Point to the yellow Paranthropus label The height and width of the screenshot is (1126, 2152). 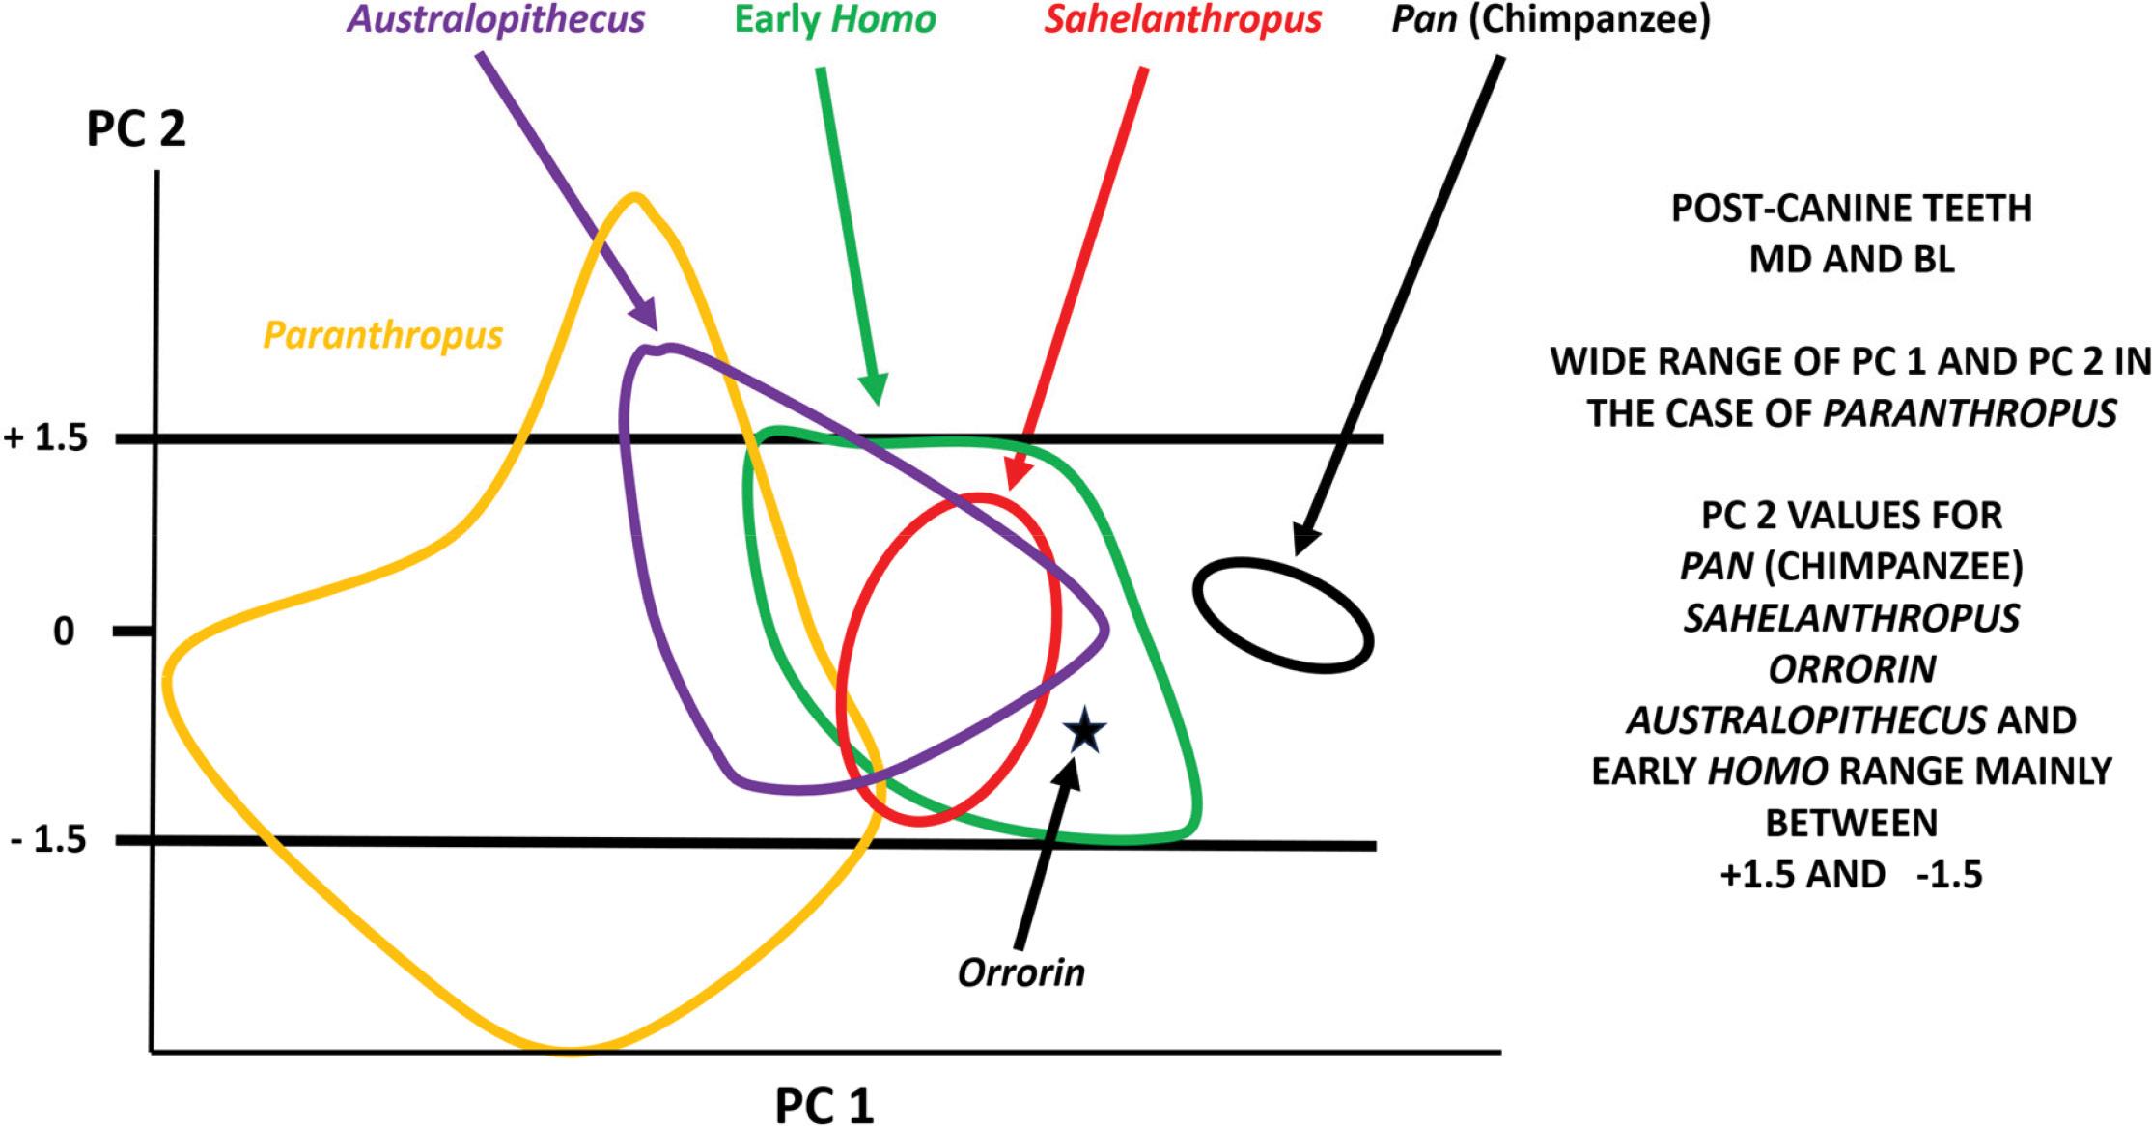[383, 335]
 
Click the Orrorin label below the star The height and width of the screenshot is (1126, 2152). [1021, 972]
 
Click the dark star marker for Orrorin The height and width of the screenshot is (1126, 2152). [1084, 731]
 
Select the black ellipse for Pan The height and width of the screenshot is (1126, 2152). [1283, 614]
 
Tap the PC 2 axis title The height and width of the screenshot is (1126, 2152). [136, 130]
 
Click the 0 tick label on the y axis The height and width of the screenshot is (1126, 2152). [64, 633]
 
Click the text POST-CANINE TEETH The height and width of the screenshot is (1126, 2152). [1852, 210]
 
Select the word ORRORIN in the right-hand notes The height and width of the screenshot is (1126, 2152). [1852, 668]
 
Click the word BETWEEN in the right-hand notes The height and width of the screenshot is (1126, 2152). [1852, 823]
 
